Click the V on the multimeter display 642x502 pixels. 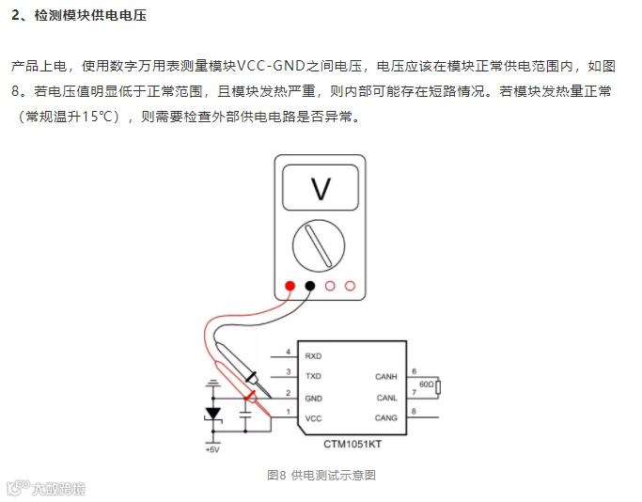(321, 189)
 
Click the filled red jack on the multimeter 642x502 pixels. (290, 286)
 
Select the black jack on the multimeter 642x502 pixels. (309, 286)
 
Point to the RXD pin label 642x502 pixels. (313, 356)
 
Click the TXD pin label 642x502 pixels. (313, 376)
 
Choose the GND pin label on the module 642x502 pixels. (313, 398)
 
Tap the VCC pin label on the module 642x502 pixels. (313, 417)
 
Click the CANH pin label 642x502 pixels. (386, 377)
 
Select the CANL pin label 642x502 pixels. (386, 398)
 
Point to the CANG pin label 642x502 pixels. (386, 417)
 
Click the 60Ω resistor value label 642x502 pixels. (426, 384)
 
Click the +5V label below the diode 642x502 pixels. (212, 449)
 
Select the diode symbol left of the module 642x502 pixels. (213, 414)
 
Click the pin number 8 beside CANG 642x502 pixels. (415, 411)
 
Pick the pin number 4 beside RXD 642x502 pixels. (288, 351)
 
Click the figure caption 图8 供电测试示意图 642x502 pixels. (321, 476)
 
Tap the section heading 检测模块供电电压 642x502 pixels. (90, 17)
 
